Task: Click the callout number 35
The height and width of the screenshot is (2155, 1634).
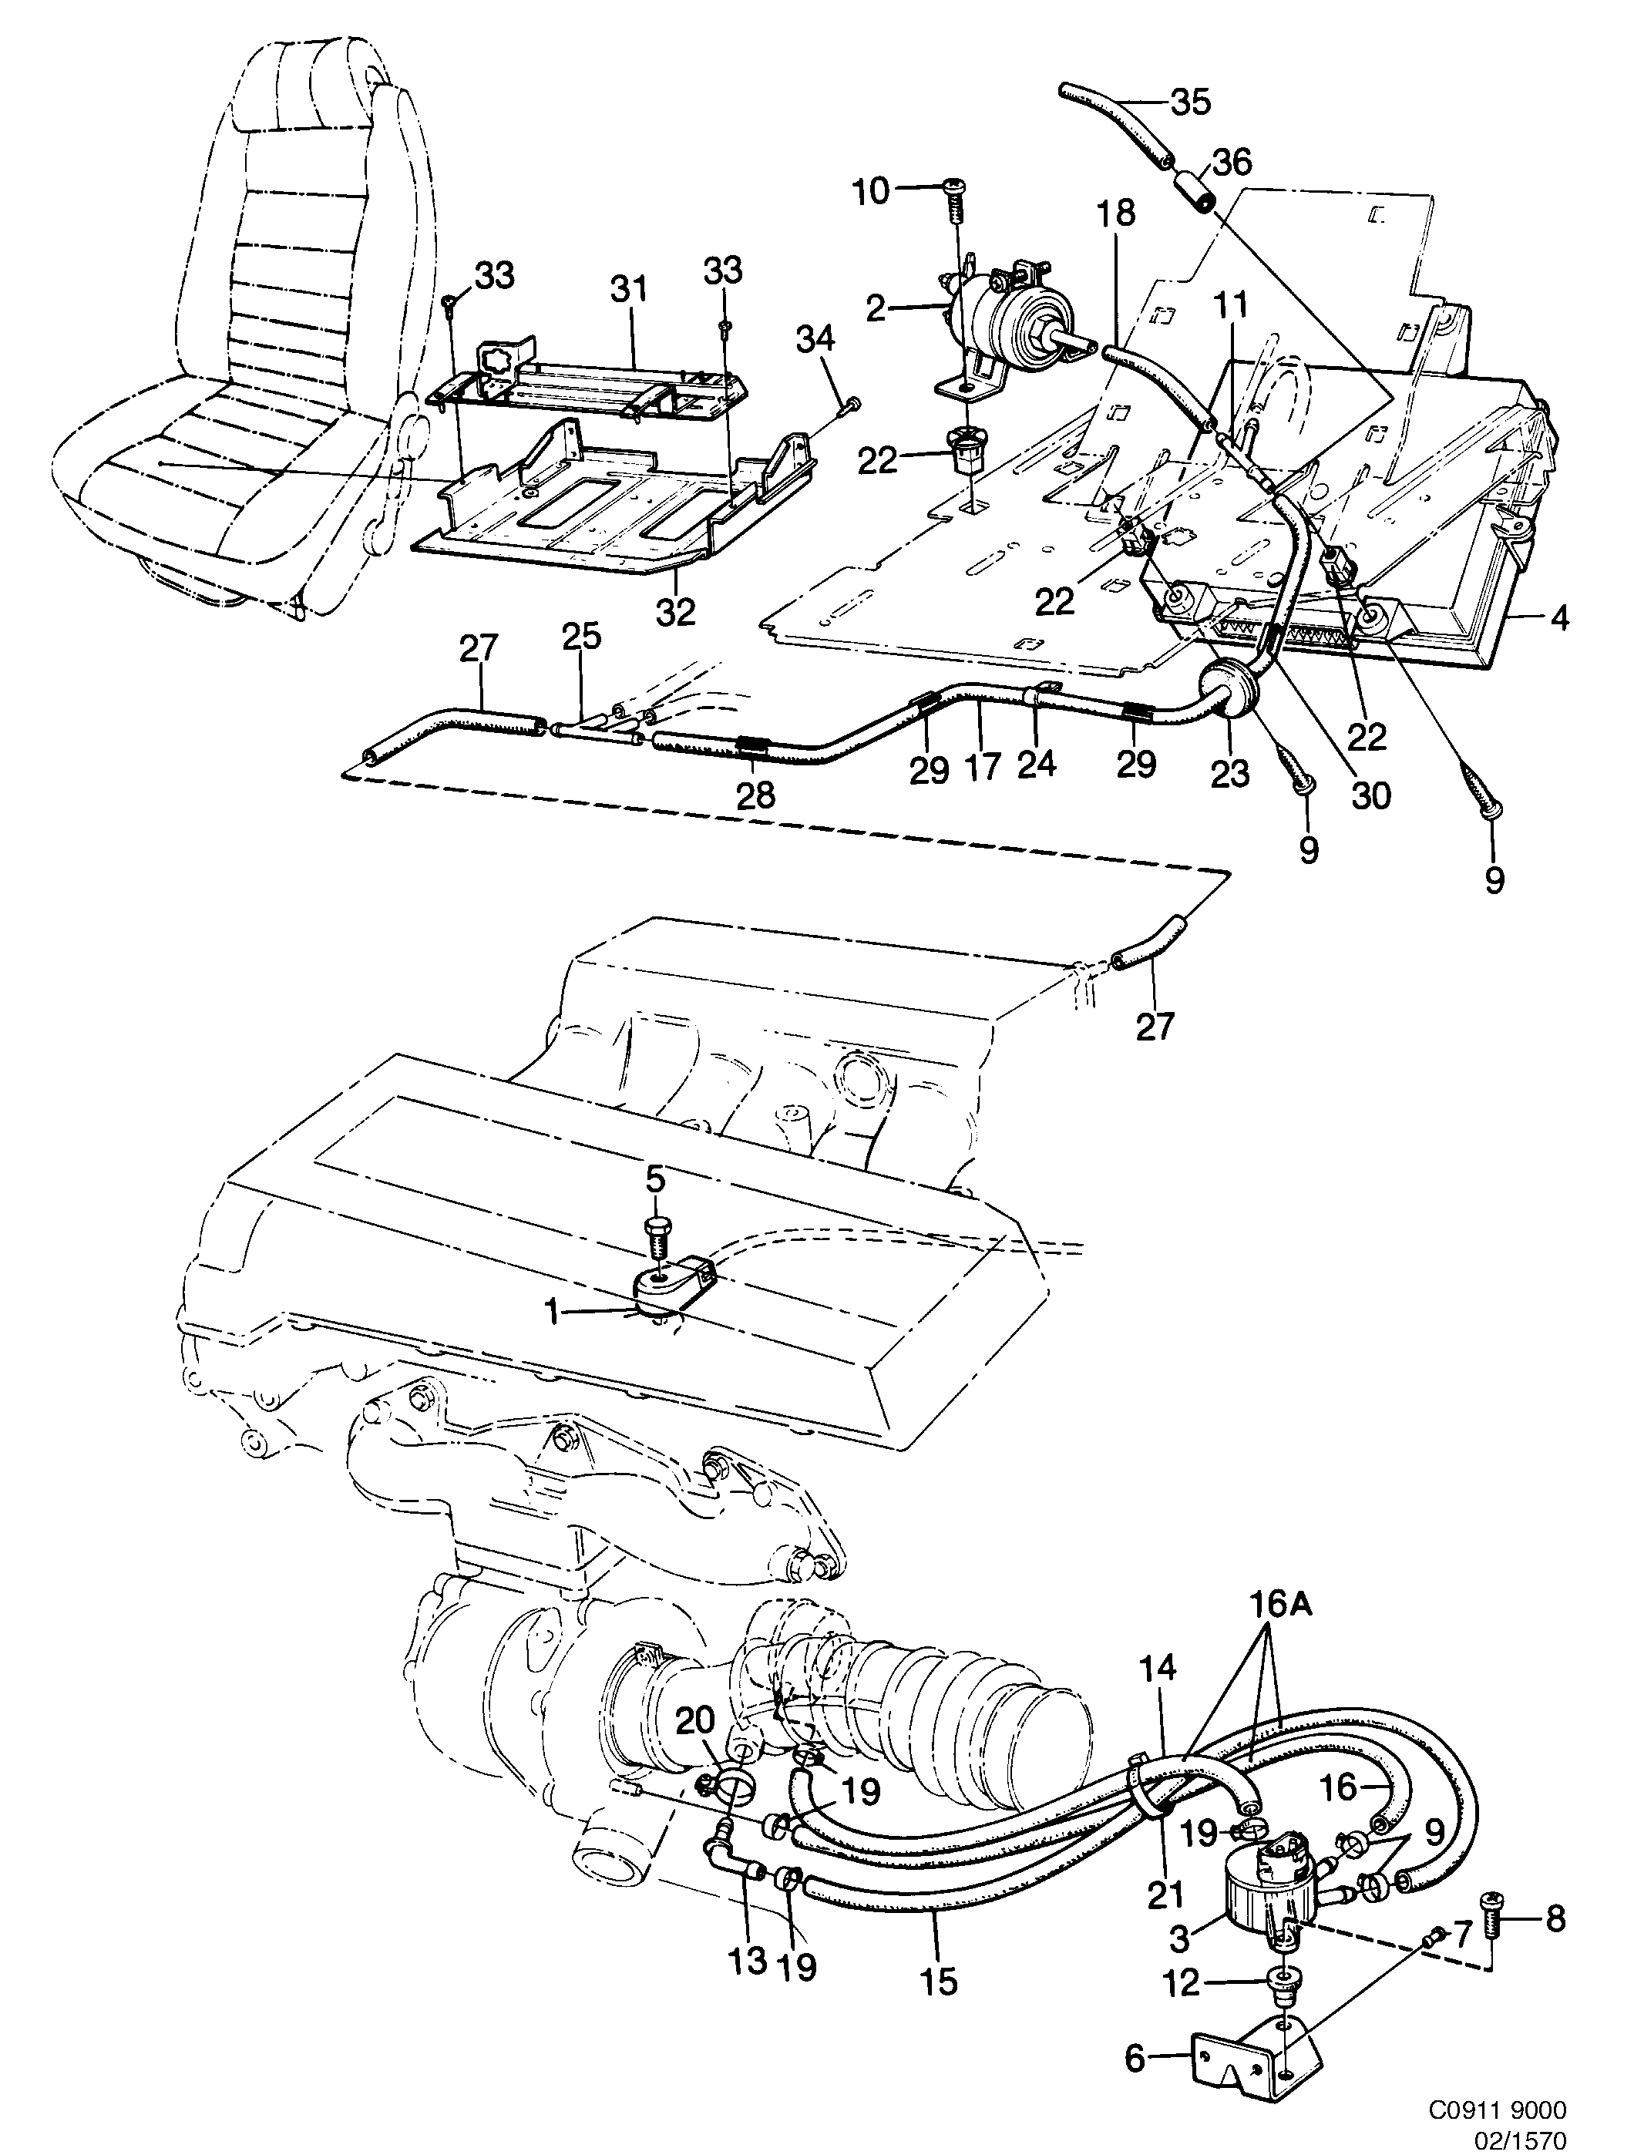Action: (1190, 101)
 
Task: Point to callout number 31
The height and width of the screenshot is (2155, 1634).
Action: (628, 291)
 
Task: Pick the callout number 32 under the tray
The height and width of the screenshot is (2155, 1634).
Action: (675, 612)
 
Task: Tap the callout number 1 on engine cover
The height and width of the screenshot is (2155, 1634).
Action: (553, 1313)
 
